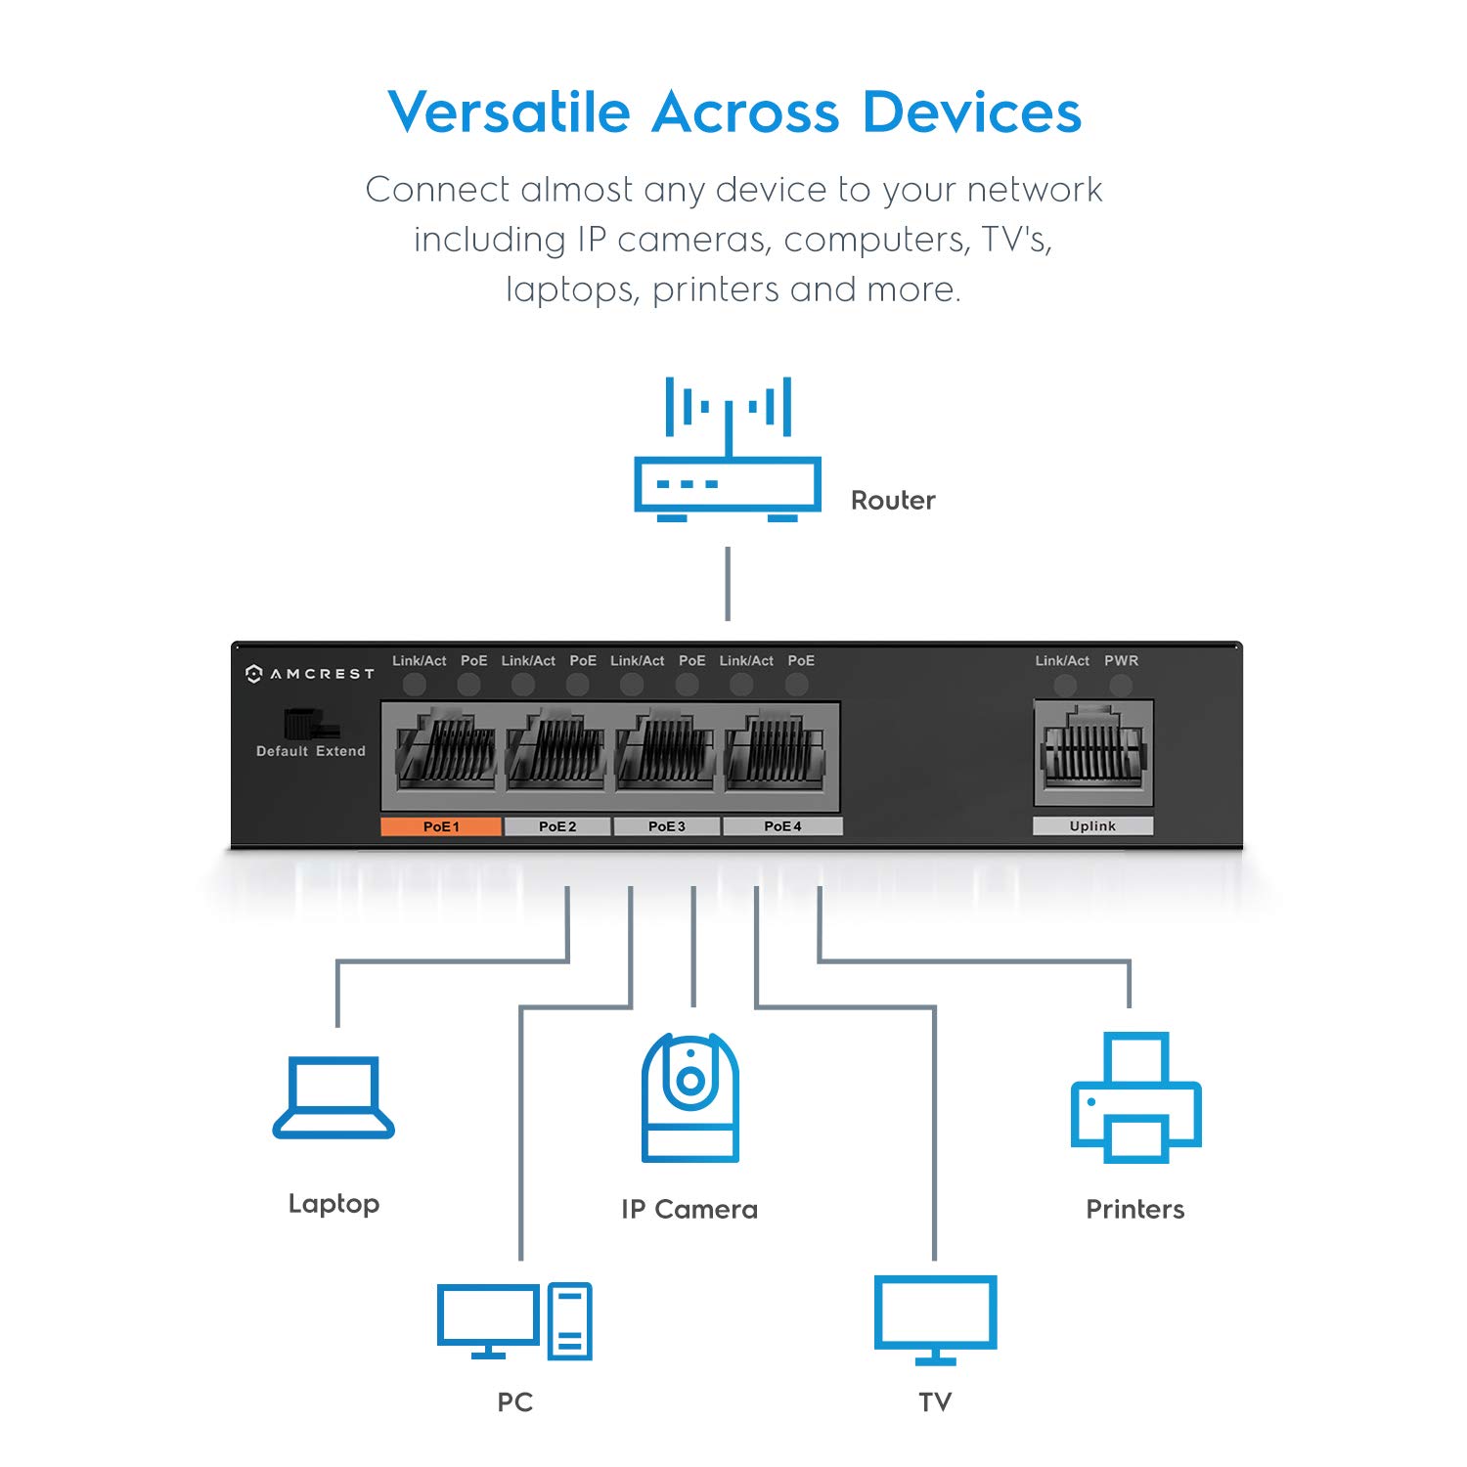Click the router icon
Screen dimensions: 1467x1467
pos(728,450)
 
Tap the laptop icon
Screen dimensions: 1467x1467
pos(333,1097)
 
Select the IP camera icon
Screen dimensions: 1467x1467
pos(690,1097)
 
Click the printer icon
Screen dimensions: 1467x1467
pos(1135,1097)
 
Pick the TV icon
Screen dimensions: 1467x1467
pos(935,1318)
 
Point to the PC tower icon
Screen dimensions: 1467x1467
pos(569,1320)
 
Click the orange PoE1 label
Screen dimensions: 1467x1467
pos(441,826)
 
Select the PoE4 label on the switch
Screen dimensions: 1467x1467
pos(782,826)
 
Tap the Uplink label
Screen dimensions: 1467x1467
pos(1092,826)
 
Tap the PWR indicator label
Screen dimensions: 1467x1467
pos(1121,661)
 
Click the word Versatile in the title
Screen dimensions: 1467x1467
pos(509,112)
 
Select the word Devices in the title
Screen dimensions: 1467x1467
pos(972,112)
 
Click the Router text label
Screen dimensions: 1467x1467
pos(893,501)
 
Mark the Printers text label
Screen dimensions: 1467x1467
pos(1134,1210)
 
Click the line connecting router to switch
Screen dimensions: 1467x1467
pos(728,583)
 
